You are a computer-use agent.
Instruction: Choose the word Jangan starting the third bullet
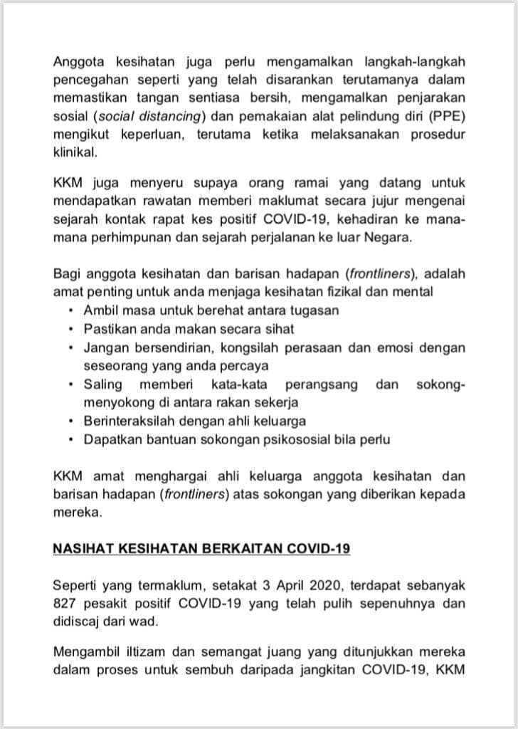[105, 347]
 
